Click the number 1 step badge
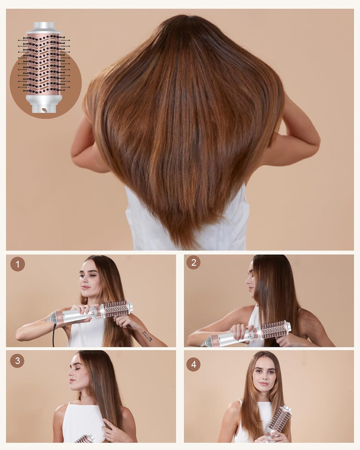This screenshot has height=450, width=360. pyautogui.click(x=18, y=264)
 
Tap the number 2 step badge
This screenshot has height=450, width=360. pyautogui.click(x=193, y=262)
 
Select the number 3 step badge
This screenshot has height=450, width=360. pyautogui.click(x=17, y=361)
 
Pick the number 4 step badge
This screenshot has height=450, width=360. pyautogui.click(x=193, y=364)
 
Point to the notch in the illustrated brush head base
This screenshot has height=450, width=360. pyautogui.click(x=44, y=110)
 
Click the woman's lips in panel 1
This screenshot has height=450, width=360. pyautogui.click(x=85, y=287)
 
